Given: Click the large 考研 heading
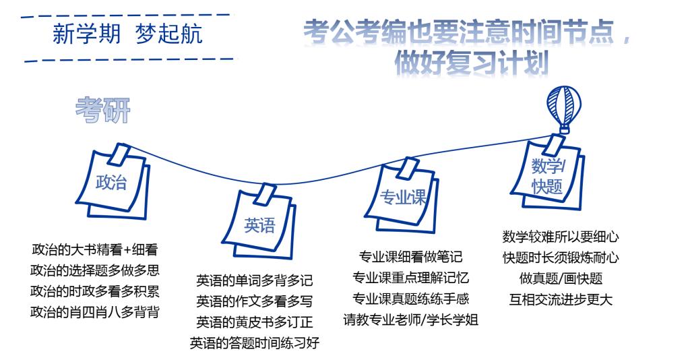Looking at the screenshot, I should [102, 110].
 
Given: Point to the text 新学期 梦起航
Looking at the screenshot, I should [127, 34].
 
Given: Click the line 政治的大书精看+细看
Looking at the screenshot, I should [95, 250].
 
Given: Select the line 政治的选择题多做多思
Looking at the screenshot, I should [95, 271].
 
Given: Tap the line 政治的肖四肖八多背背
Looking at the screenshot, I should [95, 313].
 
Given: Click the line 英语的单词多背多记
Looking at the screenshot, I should [255, 280].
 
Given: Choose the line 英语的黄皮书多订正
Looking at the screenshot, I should [255, 322].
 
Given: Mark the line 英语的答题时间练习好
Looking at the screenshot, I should [255, 343].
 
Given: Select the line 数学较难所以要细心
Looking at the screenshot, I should [561, 237].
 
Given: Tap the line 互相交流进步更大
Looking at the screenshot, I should [561, 299].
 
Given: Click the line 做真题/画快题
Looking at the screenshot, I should [561, 278].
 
